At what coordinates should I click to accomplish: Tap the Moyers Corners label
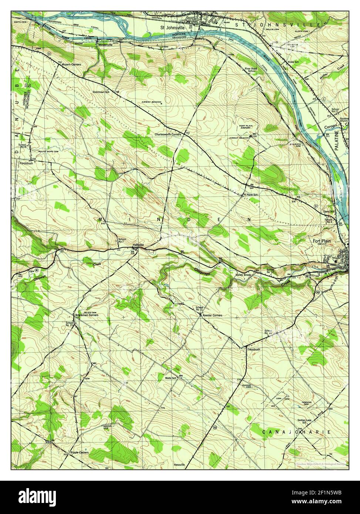point(71,64)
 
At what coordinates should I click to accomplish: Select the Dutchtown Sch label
point(101,92)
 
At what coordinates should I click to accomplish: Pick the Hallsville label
point(138,245)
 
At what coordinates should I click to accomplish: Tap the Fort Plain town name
point(322,241)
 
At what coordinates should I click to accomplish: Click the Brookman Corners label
point(87,315)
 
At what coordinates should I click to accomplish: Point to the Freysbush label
point(249,349)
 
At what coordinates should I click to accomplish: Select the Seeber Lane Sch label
point(306,422)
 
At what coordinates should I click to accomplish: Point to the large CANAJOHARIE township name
point(296,432)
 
